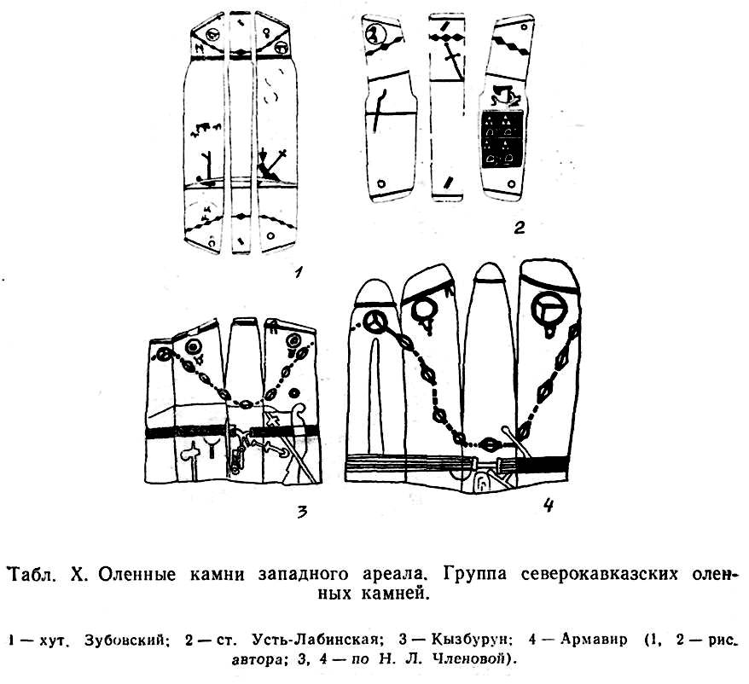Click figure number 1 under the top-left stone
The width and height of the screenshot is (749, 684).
click(x=299, y=273)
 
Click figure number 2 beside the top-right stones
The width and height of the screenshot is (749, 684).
click(x=520, y=228)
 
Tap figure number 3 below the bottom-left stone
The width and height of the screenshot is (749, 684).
click(x=301, y=513)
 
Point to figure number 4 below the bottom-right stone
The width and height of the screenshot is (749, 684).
click(x=549, y=506)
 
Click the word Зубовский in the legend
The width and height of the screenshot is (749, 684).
click(x=125, y=640)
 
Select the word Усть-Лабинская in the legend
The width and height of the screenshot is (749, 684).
click(x=311, y=639)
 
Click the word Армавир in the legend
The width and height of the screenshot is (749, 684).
click(x=593, y=639)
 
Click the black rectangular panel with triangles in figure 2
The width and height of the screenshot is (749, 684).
click(x=503, y=138)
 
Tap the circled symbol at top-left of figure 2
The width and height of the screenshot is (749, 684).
click(x=375, y=34)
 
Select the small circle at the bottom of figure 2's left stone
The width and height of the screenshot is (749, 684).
click(x=381, y=184)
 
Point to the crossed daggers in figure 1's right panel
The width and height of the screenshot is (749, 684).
click(x=271, y=165)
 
